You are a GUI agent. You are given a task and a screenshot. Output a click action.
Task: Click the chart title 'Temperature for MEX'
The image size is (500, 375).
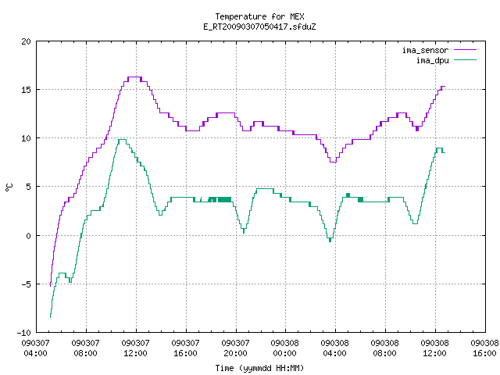[x=259, y=16]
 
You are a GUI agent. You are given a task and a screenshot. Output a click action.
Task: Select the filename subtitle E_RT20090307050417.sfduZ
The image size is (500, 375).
[x=259, y=27]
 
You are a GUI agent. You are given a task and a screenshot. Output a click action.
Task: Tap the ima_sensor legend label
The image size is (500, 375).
[x=425, y=50]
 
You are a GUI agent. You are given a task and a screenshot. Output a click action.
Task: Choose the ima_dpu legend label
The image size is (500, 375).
[x=432, y=60]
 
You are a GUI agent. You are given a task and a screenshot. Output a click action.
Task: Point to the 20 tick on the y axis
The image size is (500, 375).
[x=27, y=41]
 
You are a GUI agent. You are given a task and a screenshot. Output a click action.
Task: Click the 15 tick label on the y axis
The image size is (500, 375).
[x=27, y=90]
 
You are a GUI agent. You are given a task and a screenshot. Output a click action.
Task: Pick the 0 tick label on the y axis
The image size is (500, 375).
[x=29, y=236]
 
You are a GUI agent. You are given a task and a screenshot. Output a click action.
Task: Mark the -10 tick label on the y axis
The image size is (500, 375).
[x=24, y=333]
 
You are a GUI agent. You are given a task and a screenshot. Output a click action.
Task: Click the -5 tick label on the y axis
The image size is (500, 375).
[x=24, y=284]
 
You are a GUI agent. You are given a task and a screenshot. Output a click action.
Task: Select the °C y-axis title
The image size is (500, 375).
[x=9, y=187]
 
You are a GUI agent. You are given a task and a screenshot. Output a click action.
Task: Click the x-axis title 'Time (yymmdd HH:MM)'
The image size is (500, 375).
[x=259, y=368]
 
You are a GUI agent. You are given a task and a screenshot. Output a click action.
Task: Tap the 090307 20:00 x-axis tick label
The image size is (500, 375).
[x=236, y=348]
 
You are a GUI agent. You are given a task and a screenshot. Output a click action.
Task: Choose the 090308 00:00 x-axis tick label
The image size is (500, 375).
[x=285, y=348]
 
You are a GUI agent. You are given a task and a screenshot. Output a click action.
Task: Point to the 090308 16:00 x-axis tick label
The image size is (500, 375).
[x=484, y=348]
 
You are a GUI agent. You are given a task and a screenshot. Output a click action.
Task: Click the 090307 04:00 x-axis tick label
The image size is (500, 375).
[x=36, y=348]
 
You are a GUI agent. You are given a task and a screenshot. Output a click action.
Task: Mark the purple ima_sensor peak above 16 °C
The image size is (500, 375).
[x=134, y=77]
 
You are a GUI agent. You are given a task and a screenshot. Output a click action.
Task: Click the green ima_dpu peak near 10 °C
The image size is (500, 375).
[x=122, y=140]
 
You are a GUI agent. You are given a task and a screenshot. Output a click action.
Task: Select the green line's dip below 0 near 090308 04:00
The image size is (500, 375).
[x=330, y=239]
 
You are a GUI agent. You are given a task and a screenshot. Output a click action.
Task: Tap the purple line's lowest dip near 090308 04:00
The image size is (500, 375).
[x=334, y=162]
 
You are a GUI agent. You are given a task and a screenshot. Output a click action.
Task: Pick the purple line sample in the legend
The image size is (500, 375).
[x=465, y=50]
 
